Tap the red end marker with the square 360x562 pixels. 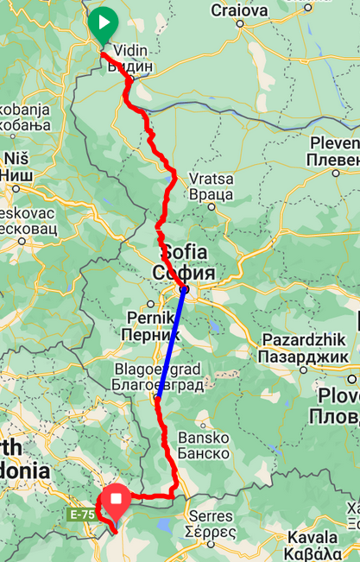[x=115, y=499]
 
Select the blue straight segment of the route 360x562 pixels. [x=171, y=344]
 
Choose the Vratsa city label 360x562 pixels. [x=211, y=179]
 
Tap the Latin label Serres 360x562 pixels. [x=211, y=515]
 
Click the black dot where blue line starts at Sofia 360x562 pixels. [x=185, y=289]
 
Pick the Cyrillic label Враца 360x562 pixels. [x=212, y=194]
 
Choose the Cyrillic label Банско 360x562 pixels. [x=203, y=453]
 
